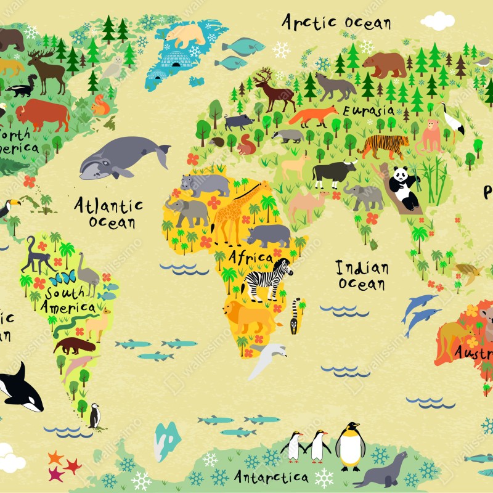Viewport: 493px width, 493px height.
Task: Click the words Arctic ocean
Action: (336, 22)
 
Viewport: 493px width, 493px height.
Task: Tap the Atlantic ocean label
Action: (108, 213)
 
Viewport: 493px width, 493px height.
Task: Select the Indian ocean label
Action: (362, 275)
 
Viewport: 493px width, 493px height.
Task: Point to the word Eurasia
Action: (369, 110)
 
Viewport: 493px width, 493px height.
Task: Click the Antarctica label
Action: (271, 476)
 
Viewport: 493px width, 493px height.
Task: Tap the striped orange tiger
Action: (382, 146)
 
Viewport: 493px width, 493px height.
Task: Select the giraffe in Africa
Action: (238, 210)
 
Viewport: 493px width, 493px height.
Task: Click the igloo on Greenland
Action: (176, 60)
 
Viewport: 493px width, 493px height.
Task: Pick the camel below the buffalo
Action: (308, 204)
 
